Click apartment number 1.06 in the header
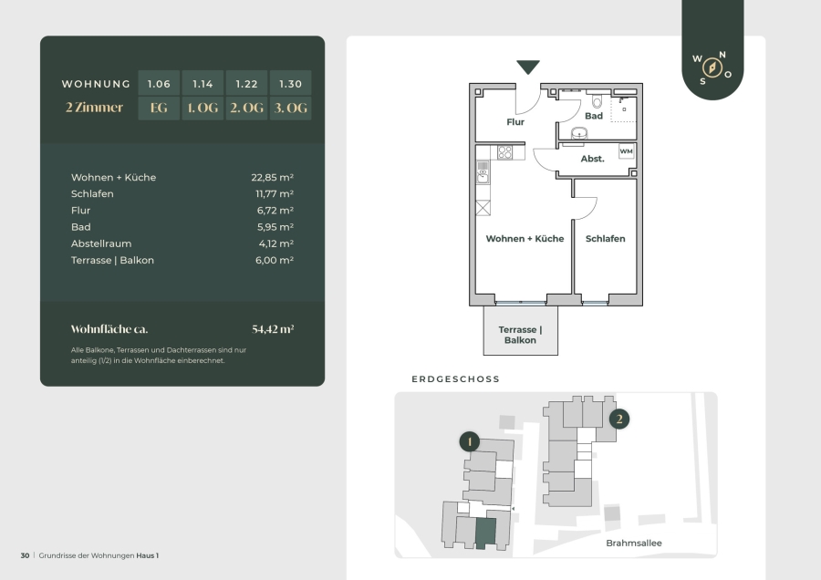[159, 84]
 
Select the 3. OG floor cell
[291, 108]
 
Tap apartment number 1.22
[246, 84]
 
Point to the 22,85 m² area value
[272, 178]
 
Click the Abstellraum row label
[101, 243]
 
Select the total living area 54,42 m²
[273, 329]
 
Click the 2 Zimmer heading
[94, 108]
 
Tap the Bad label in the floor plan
[594, 116]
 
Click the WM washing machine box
[626, 151]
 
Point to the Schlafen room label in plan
[606, 239]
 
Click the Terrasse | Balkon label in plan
[520, 335]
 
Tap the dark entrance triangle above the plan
[528, 67]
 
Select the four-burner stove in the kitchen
[504, 152]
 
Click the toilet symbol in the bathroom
[597, 99]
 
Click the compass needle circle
[712, 67]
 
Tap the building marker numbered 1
[470, 441]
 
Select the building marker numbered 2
[619, 419]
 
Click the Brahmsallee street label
[634, 544]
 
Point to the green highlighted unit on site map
[485, 533]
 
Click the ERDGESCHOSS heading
[455, 379]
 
